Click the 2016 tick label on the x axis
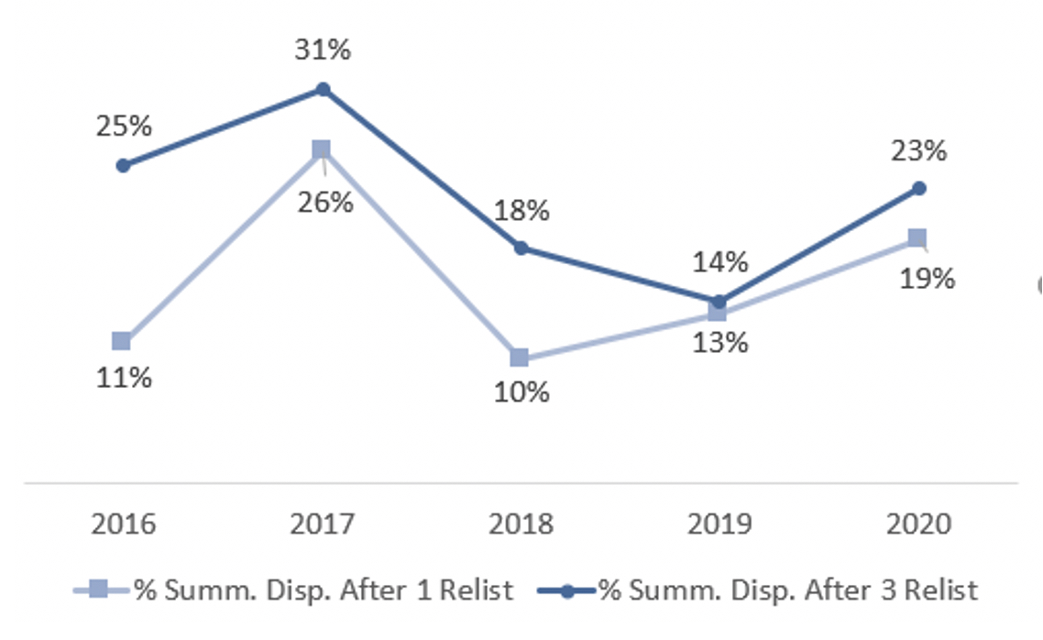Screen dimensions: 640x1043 [x=124, y=524]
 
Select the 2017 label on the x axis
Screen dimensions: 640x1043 [x=322, y=524]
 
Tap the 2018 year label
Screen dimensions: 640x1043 [x=521, y=524]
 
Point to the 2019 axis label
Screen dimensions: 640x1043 [x=719, y=524]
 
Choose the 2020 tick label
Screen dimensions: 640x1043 [x=918, y=524]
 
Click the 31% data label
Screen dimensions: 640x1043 [x=322, y=50]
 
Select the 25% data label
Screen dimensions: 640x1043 [x=124, y=126]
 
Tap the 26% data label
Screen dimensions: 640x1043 [x=324, y=202]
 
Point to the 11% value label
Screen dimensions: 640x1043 [x=124, y=377]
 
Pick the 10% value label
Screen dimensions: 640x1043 [x=521, y=392]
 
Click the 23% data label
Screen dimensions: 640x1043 [x=918, y=150]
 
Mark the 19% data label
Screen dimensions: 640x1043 [x=927, y=278]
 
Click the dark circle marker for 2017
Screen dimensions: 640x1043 [x=323, y=89]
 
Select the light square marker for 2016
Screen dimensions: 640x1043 [x=121, y=341]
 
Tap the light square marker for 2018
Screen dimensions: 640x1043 [x=520, y=358]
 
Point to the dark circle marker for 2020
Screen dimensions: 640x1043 [x=919, y=188]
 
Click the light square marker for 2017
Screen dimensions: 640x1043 [x=321, y=149]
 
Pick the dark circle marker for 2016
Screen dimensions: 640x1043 [x=123, y=165]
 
